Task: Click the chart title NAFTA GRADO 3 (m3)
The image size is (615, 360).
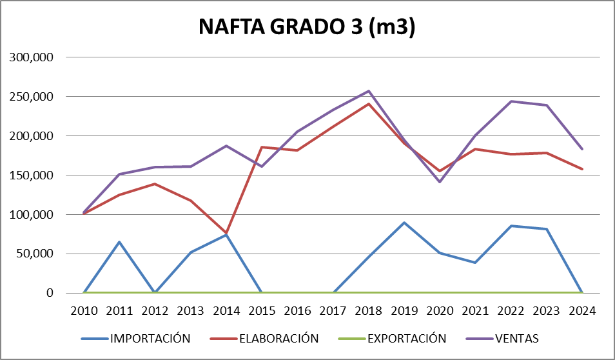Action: coord(306,27)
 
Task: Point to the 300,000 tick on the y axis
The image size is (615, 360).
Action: coord(32,57)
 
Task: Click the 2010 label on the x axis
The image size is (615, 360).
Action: coord(84,310)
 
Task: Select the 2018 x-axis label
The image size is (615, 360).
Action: coord(368,310)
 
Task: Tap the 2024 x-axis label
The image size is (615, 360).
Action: coord(581,310)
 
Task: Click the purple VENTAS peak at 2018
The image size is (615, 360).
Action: coord(368,91)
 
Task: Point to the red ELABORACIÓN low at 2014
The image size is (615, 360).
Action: coord(226,233)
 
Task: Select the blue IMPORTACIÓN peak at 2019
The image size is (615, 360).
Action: coord(404,223)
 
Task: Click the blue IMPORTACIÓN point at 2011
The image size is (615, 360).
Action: coord(119,242)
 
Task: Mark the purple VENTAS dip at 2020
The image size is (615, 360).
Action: coord(439,182)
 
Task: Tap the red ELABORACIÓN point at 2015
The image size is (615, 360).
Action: coord(262,147)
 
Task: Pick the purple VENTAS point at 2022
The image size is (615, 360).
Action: coord(511,101)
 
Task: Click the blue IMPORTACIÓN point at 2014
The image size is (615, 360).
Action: coord(226,235)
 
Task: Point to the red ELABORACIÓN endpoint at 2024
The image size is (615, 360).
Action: coord(581,169)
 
